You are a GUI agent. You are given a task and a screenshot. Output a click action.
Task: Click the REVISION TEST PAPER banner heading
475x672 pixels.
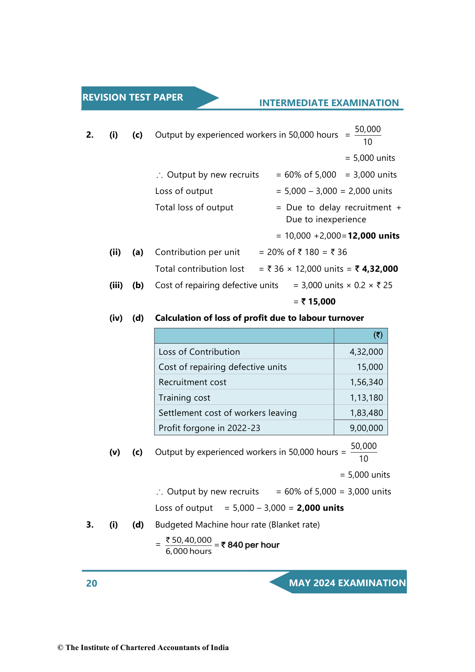[133, 97]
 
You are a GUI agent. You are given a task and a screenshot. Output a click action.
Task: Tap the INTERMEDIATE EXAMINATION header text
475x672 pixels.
[329, 103]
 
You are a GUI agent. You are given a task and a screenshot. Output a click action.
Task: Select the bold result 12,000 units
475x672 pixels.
[373, 236]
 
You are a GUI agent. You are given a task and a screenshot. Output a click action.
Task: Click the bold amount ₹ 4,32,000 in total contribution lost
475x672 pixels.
[376, 269]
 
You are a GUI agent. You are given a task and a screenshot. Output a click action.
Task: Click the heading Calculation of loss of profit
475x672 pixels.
[259, 318]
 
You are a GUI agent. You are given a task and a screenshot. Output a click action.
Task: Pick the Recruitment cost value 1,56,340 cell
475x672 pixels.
[366, 382]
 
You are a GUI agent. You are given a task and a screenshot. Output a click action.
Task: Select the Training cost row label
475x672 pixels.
[184, 398]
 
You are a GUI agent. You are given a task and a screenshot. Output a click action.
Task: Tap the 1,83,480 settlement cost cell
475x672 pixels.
[366, 413]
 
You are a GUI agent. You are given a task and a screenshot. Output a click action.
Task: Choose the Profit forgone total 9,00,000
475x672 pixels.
[366, 428]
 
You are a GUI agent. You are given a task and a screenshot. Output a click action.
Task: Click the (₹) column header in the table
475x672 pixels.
[378, 335]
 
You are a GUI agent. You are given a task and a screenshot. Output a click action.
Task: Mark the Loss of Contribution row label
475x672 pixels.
[199, 352]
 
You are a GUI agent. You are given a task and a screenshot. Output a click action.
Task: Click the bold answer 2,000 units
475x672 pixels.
[320, 508]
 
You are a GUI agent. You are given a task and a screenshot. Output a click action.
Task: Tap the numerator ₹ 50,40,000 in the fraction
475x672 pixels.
[189, 540]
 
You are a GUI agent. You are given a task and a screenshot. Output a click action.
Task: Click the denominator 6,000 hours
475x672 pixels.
[189, 551]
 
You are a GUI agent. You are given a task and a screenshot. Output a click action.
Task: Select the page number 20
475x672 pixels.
[92, 583]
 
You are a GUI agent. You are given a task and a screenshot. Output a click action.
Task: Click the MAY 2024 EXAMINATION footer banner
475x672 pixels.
[347, 583]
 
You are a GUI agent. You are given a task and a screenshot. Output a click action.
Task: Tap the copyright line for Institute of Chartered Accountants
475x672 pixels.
[143, 648]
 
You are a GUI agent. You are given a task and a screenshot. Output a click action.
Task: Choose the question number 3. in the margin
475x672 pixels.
[90, 525]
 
